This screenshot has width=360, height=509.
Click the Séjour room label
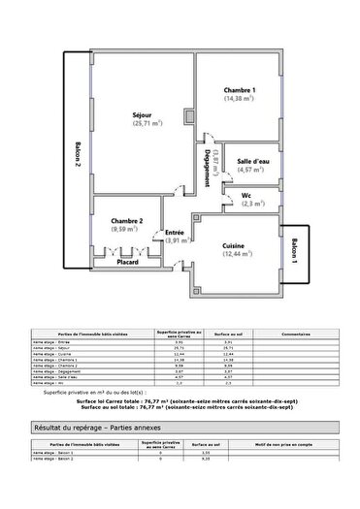coord(143,115)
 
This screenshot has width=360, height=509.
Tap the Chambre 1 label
coord(240,90)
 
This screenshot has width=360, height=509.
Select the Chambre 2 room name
coord(126,221)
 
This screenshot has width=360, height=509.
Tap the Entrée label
coord(175,233)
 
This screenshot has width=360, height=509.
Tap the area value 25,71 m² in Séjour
coord(147,124)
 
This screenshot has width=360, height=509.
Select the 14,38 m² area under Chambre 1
coord(240,99)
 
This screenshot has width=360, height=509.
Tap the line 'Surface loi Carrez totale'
coord(180,399)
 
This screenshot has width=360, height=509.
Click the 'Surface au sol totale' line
coord(180,407)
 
